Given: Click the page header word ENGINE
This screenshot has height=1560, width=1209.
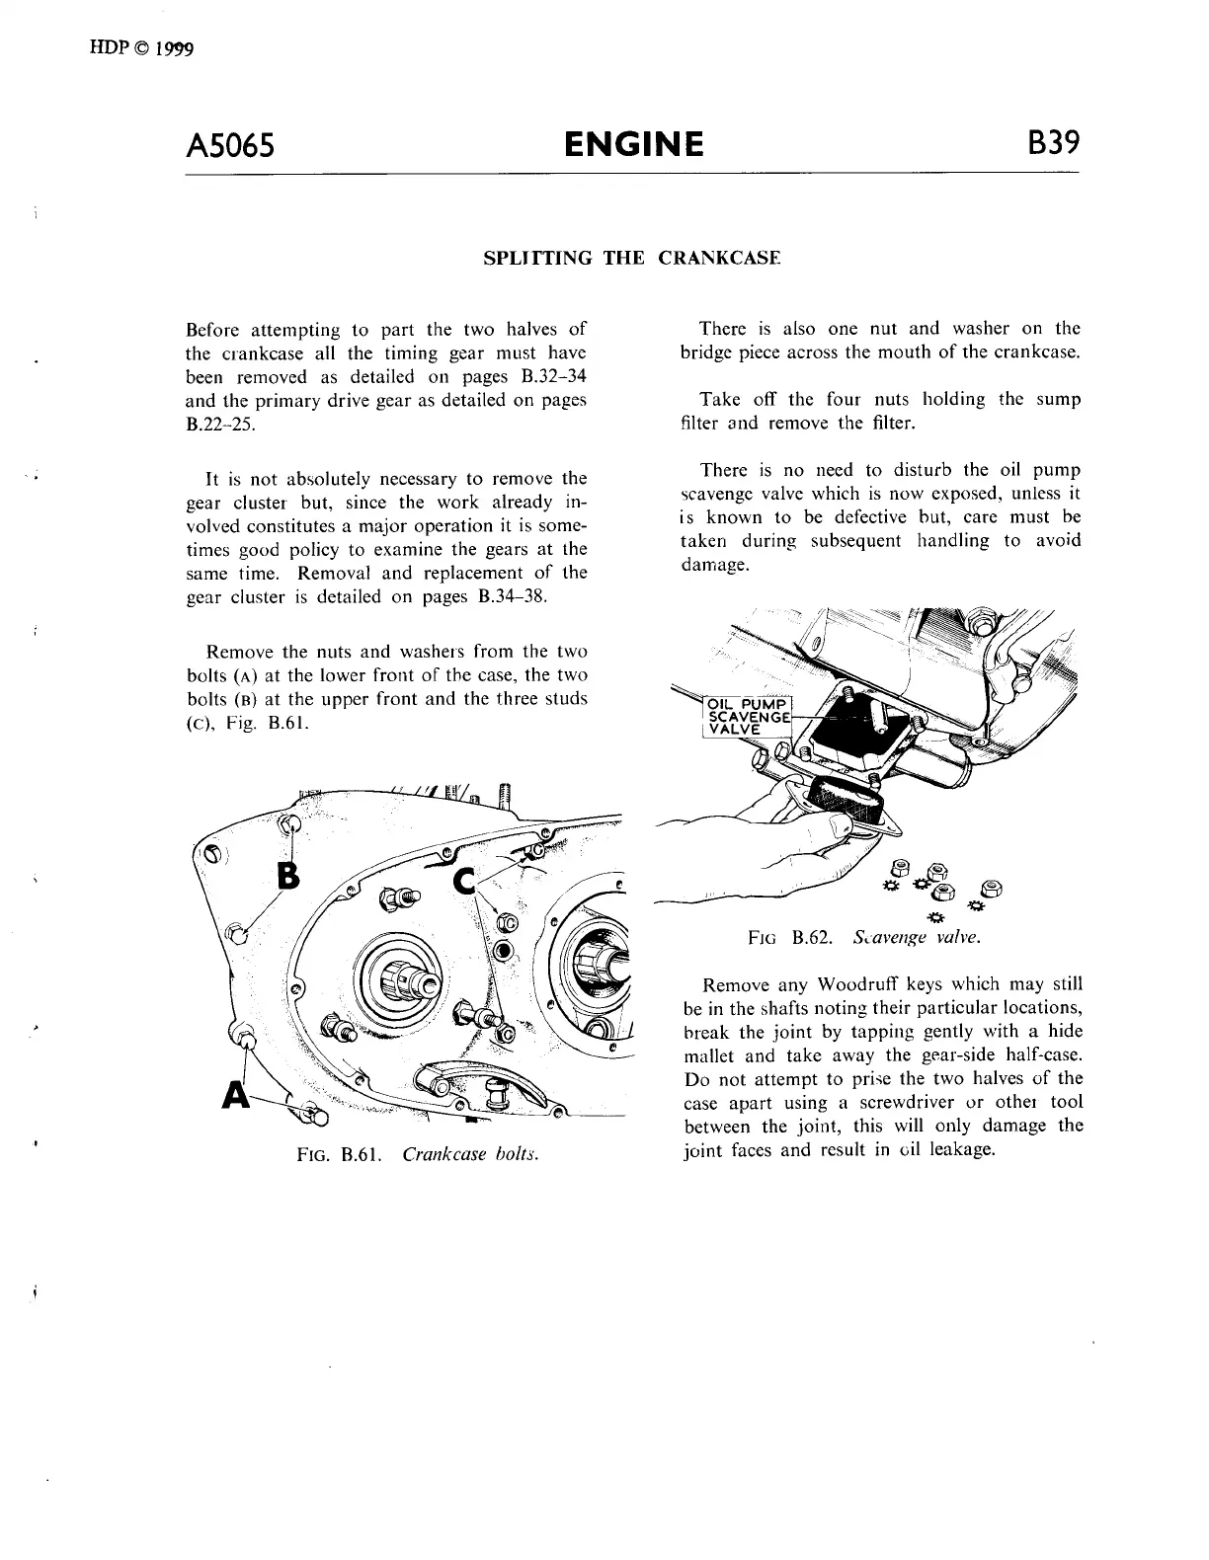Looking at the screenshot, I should coord(633,145).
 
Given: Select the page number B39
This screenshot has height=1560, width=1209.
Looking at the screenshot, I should coord(1052,144).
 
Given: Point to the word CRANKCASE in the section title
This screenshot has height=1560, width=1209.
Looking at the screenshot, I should coord(718,259).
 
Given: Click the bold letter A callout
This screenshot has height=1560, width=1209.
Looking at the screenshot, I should coord(235,1095).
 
